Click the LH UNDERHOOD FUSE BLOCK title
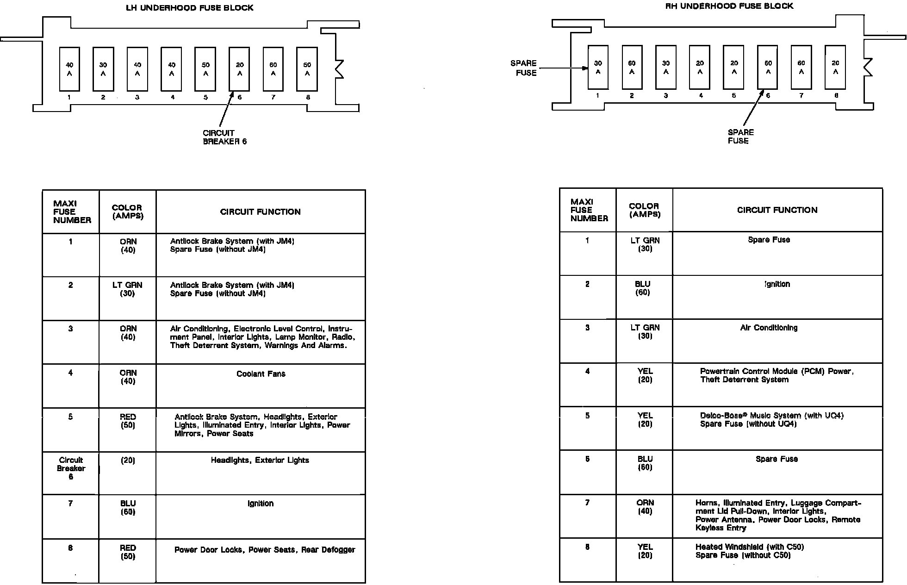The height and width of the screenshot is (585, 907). click(x=190, y=8)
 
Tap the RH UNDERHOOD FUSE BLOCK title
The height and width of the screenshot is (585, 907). click(x=729, y=6)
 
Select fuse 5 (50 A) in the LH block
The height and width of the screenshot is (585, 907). click(x=205, y=69)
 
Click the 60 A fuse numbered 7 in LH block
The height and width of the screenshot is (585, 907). click(x=273, y=69)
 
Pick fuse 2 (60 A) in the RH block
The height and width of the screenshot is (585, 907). click(x=632, y=67)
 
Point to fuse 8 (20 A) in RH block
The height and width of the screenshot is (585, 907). click(x=835, y=67)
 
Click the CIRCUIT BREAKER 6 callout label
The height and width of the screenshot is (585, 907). click(x=224, y=137)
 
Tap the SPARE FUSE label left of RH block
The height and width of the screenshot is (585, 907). click(x=524, y=68)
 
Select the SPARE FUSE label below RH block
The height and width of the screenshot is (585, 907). click(x=740, y=137)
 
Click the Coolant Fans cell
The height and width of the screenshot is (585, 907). click(x=261, y=374)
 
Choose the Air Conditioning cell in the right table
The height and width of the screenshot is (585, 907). click(x=769, y=328)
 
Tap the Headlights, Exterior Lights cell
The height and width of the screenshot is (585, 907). click(x=260, y=460)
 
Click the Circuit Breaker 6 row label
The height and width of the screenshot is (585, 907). click(x=71, y=468)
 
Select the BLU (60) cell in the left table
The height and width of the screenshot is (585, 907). click(x=128, y=507)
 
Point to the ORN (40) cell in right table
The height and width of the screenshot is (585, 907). click(x=645, y=507)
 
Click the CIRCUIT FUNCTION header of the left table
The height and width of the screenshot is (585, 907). click(x=260, y=212)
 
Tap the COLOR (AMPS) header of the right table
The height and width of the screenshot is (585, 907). click(x=644, y=210)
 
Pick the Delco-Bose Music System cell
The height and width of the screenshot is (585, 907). click(x=771, y=420)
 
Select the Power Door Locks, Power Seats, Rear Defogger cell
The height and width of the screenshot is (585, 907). click(x=265, y=550)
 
